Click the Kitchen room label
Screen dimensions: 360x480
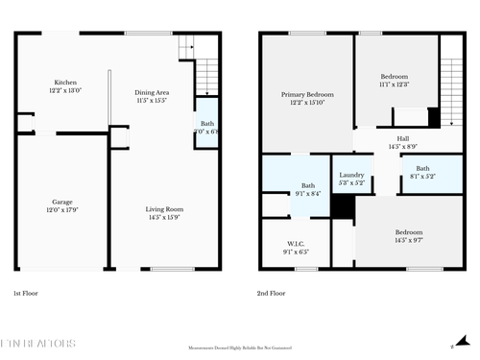[65, 83]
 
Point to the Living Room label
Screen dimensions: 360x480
[164, 209]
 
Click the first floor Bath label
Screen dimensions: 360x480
[207, 123]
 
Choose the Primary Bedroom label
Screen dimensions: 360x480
[307, 94]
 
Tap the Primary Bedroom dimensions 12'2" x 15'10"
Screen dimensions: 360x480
[307, 103]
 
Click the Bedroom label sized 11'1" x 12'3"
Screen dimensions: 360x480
[394, 76]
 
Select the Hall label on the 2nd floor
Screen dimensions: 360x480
[402, 137]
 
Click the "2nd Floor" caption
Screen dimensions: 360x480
[272, 293]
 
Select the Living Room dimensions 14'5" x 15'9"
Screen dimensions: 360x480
[164, 218]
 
